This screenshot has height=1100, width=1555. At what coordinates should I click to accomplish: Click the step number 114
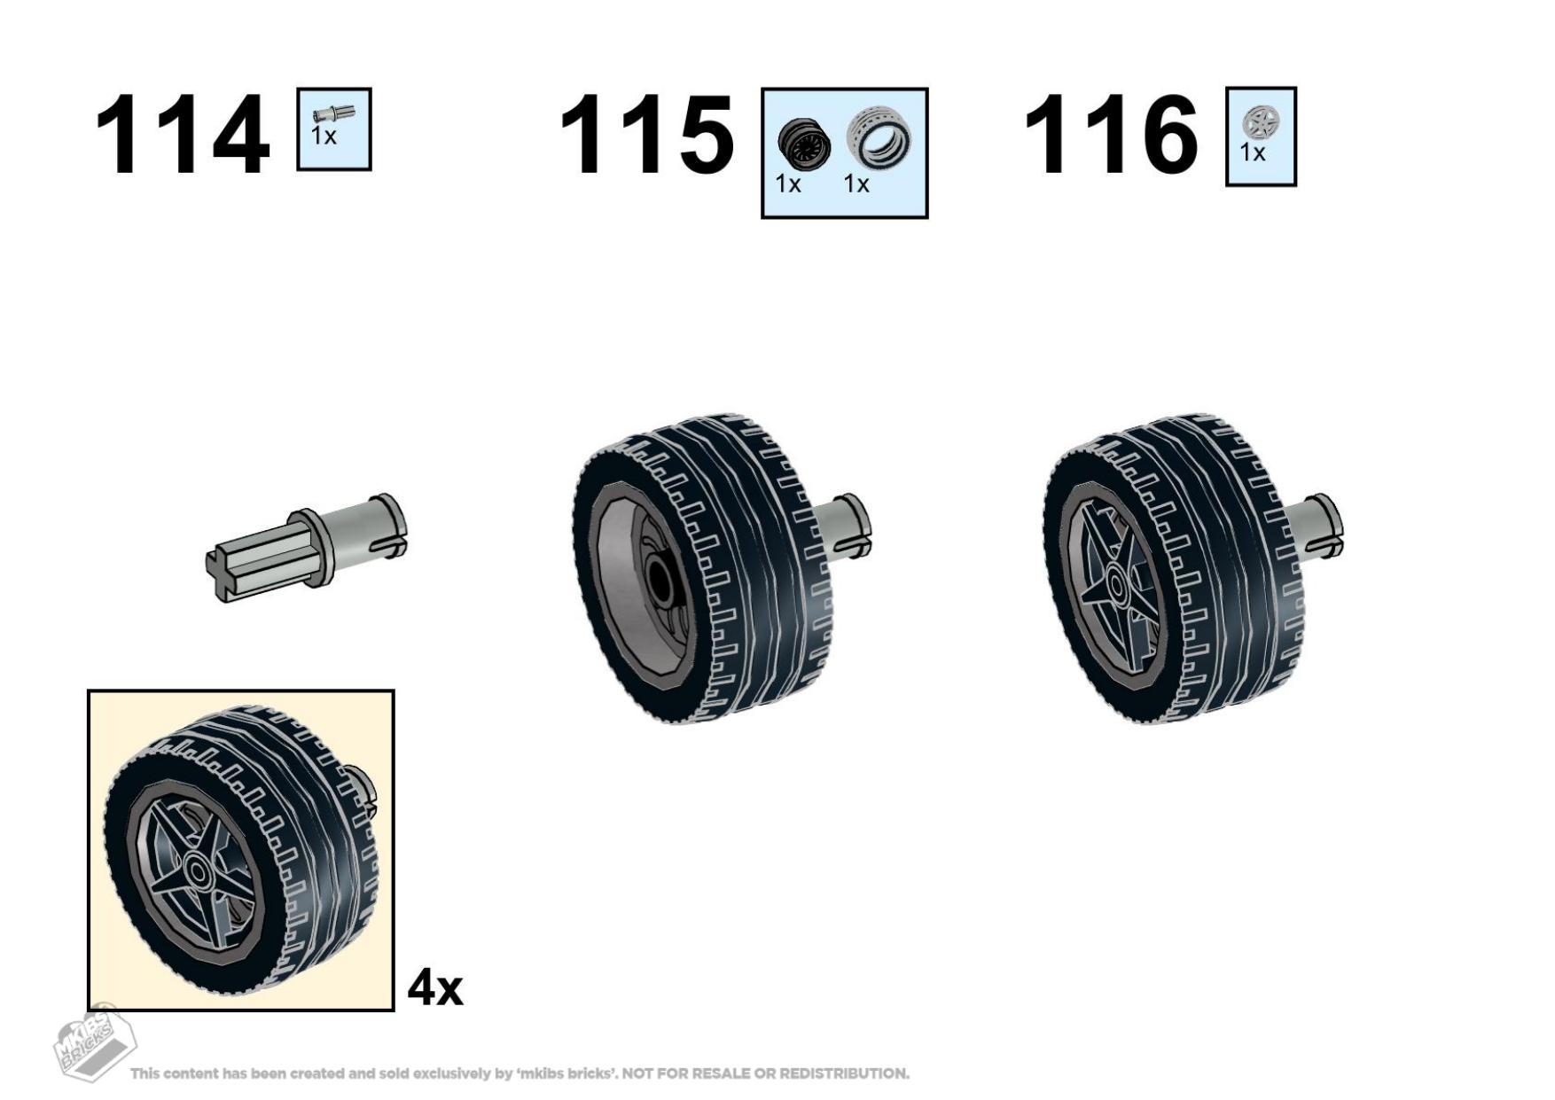tap(182, 136)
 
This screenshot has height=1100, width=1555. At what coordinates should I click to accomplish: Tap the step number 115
tap(647, 136)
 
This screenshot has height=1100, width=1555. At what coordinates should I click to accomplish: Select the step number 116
tap(1111, 136)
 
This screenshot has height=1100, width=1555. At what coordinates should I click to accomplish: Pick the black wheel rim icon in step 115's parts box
tap(804, 142)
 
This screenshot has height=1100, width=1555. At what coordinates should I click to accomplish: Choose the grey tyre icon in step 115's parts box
tap(879, 137)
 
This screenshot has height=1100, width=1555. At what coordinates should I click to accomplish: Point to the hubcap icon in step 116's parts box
tap(1260, 122)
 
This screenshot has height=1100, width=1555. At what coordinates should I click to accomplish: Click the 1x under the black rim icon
tap(788, 184)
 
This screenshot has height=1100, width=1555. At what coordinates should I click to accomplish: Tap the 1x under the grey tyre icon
tap(856, 184)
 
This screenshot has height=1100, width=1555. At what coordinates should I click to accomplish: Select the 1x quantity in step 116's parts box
tap(1253, 153)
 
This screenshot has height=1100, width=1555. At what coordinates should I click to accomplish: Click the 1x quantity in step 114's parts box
tap(324, 137)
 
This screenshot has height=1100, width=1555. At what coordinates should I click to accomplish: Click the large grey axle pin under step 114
tap(307, 548)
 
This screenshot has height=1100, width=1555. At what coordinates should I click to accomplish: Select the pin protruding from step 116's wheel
tap(1317, 527)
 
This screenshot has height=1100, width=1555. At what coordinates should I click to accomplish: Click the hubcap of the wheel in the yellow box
tap(198, 872)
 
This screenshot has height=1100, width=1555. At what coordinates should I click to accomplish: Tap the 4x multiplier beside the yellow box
tap(435, 987)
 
